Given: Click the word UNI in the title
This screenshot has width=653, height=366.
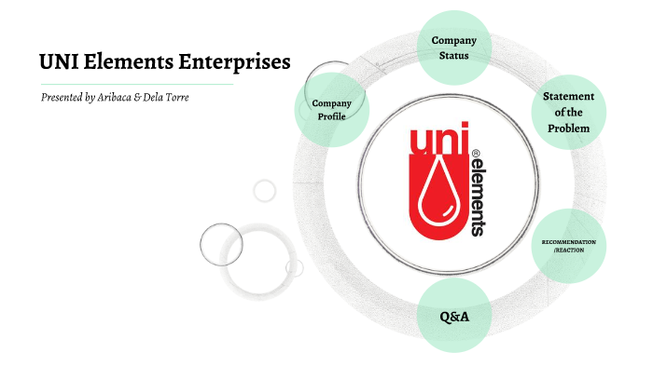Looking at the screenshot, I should [x=60, y=62].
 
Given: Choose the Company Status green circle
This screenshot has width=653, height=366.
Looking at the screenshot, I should [x=454, y=47].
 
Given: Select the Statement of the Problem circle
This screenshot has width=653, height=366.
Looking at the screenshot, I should [x=568, y=112].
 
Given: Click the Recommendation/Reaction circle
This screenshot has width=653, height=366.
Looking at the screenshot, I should [x=568, y=246].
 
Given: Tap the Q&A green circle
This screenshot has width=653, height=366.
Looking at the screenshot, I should [x=453, y=317].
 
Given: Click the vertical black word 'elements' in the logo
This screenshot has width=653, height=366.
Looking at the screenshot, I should [x=476, y=196].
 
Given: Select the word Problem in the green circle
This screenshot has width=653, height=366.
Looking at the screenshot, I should [x=568, y=128].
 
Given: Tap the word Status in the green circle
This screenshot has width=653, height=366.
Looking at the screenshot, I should [x=454, y=56].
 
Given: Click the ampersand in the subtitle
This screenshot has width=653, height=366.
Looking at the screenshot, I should [x=147, y=97].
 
